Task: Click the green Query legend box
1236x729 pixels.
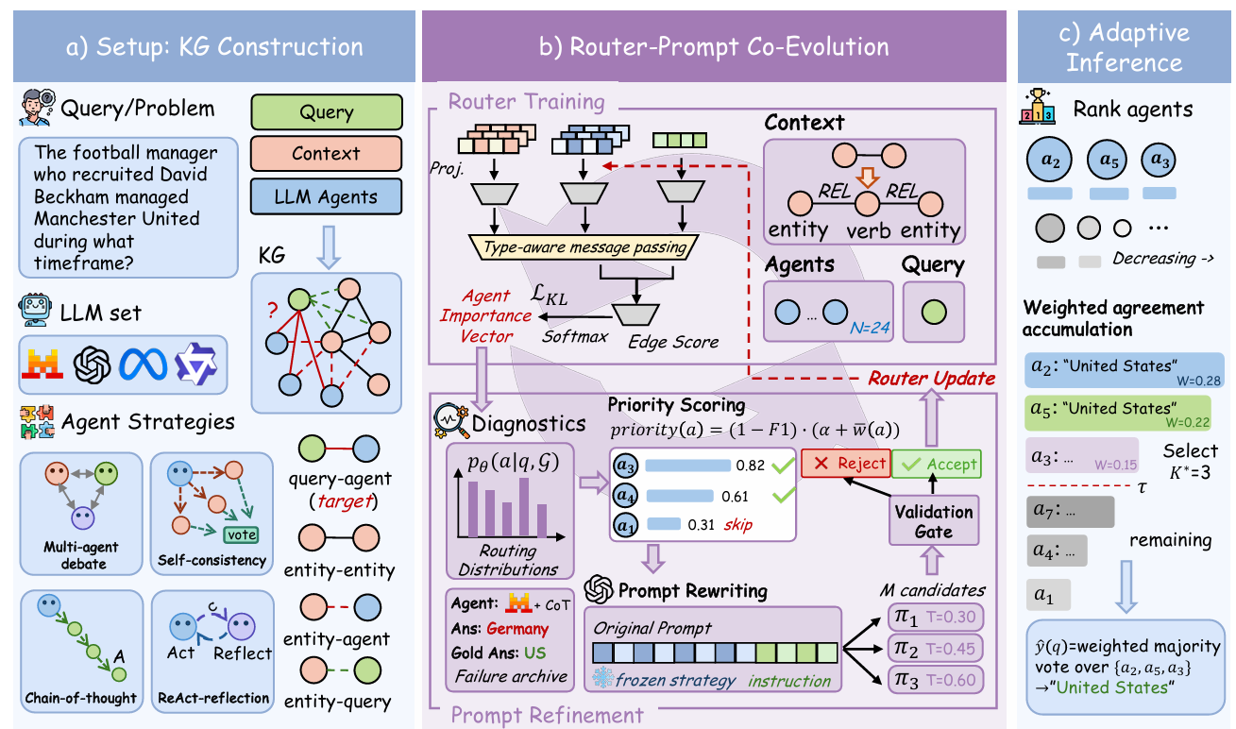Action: point(326,112)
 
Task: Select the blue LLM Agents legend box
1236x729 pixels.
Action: point(326,196)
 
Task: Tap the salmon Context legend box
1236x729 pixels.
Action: point(326,154)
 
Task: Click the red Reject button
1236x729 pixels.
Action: point(845,463)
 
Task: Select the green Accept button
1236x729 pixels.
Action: point(937,463)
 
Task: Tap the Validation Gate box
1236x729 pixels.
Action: point(934,520)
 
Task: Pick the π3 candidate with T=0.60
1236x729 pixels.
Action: point(934,679)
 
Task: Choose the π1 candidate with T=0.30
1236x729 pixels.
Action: point(934,619)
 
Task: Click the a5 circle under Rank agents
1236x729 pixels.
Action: point(1109,160)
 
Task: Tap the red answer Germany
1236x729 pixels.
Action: point(517,628)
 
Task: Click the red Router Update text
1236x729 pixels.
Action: point(930,378)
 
